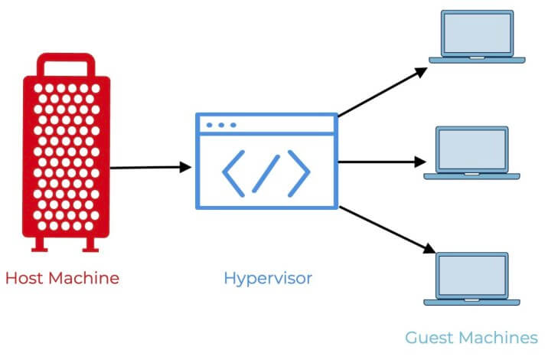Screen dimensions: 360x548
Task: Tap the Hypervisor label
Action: click(x=268, y=277)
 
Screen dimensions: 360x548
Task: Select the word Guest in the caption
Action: click(x=430, y=337)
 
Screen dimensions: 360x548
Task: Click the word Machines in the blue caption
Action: click(x=500, y=337)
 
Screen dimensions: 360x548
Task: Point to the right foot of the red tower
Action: click(x=90, y=244)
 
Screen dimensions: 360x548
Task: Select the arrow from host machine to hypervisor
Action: click(x=150, y=167)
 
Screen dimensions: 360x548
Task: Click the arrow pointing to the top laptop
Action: click(x=383, y=92)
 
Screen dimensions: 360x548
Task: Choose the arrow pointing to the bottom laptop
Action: click(x=383, y=227)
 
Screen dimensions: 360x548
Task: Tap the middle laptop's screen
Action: click(x=472, y=149)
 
